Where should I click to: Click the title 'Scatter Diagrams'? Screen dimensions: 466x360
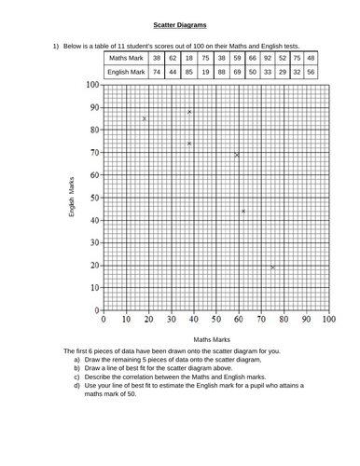pos(179,25)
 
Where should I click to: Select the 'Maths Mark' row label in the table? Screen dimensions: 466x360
pos(126,56)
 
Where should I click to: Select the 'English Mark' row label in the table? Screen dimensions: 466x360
pos(126,71)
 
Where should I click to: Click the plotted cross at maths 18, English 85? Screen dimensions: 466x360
pos(144,118)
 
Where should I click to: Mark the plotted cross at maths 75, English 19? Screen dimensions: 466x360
pos(272,267)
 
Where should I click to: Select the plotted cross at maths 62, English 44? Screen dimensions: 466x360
pos(243,212)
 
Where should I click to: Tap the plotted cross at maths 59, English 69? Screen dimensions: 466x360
pos(237,155)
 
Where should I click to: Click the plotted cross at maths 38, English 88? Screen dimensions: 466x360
pos(189,112)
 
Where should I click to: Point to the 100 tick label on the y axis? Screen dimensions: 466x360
pos(91,85)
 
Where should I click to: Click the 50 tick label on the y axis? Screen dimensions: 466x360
pos(93,198)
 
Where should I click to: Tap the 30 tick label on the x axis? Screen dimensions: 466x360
pos(172,320)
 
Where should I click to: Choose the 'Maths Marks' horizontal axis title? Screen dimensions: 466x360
pos(212,340)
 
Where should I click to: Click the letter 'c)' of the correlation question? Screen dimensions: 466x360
pos(76,377)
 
